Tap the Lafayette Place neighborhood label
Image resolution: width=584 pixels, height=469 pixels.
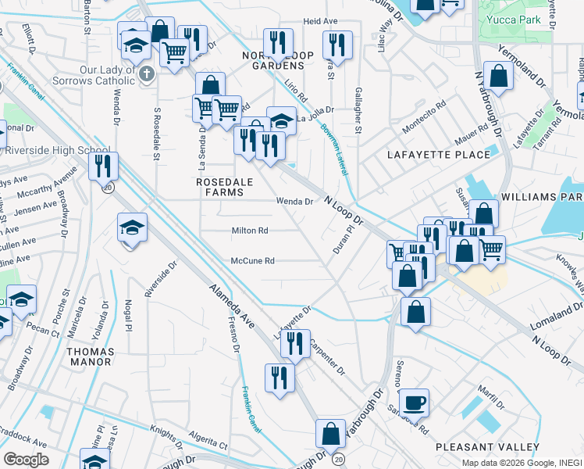point(439,155)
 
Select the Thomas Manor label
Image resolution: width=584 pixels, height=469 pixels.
point(91,357)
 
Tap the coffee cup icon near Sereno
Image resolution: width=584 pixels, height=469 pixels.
point(414,403)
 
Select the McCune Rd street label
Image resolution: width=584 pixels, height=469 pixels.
point(252,261)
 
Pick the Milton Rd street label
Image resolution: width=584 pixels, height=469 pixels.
point(250,231)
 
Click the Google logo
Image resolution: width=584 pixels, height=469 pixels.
point(26,459)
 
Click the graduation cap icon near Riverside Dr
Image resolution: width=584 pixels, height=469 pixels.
point(132,228)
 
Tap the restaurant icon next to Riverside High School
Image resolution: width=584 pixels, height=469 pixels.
point(103,166)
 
